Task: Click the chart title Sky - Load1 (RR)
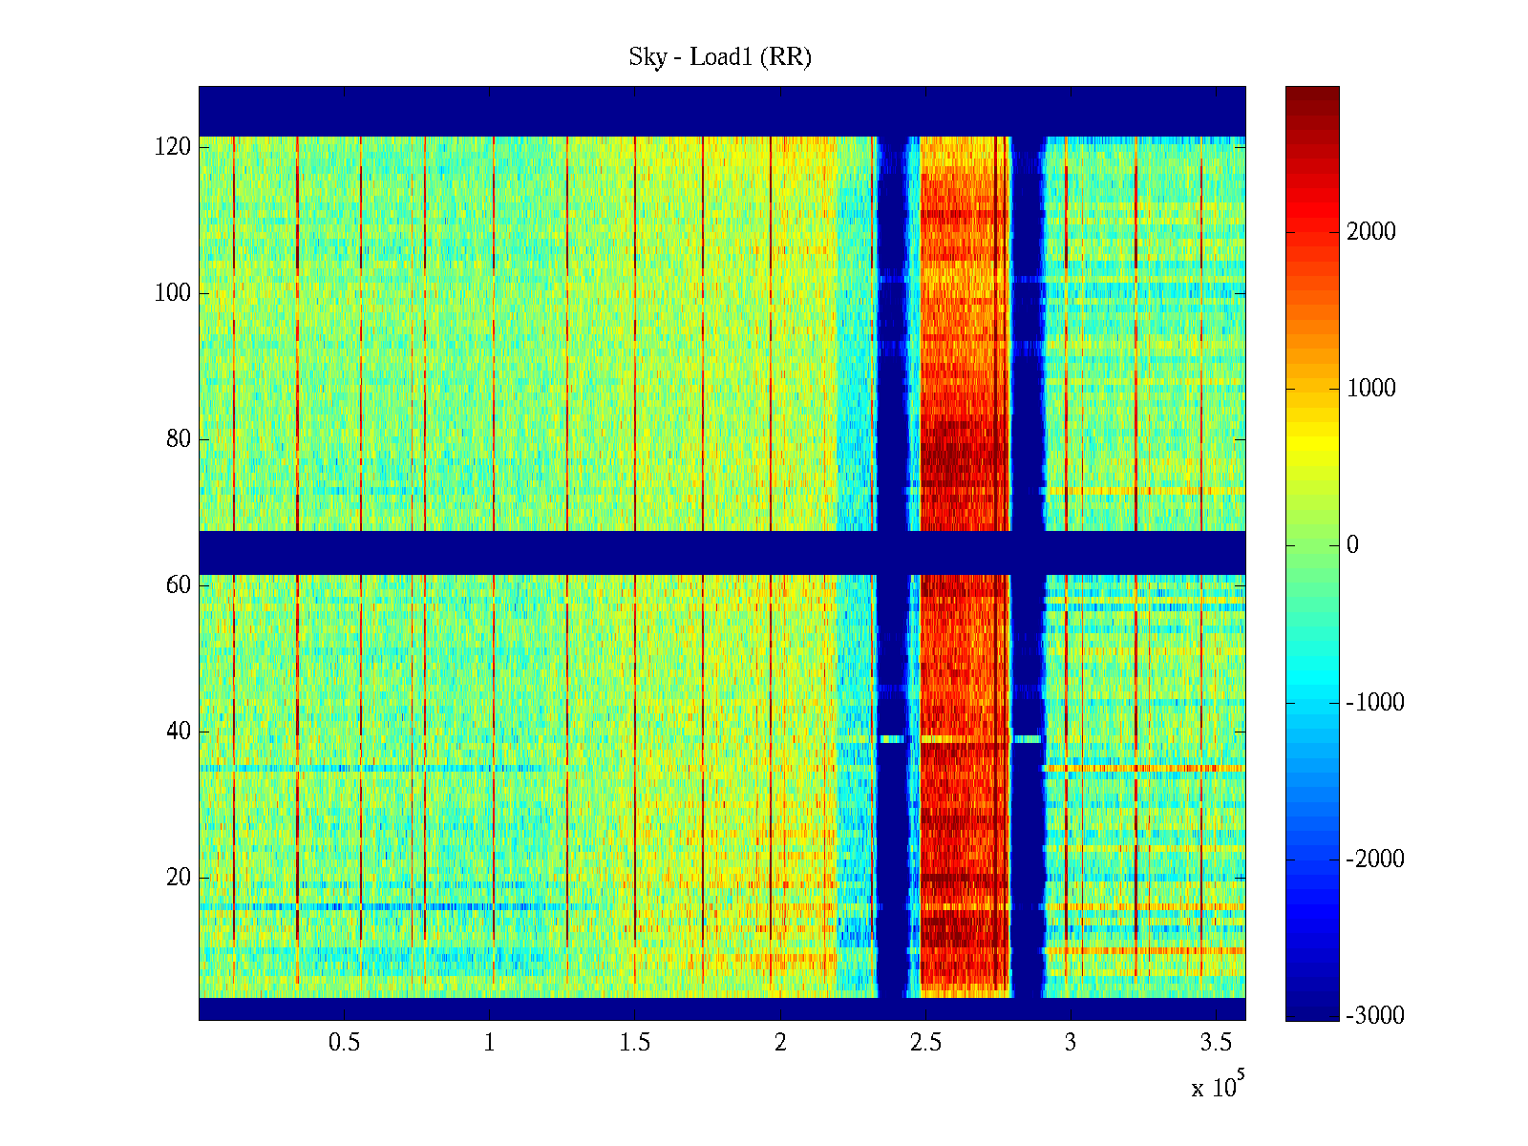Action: [720, 57]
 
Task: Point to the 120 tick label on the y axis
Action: [173, 147]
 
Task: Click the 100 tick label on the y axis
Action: [173, 293]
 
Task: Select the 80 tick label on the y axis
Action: [179, 439]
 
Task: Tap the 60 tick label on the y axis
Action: [179, 585]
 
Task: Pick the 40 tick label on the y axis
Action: [179, 732]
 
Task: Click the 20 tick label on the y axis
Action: [179, 878]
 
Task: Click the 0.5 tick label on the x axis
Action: [344, 1043]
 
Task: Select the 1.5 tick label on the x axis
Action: [635, 1043]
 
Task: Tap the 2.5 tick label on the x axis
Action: [925, 1043]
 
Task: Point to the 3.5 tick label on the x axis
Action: [1217, 1043]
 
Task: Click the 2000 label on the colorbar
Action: [1371, 232]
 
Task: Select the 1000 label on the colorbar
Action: [1371, 389]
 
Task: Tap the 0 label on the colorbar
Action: [1352, 545]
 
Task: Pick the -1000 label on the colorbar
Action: [1375, 703]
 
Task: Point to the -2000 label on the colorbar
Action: [1375, 859]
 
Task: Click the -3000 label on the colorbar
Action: [1375, 1016]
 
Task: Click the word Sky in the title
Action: [647, 57]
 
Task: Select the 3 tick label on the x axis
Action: [1071, 1043]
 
